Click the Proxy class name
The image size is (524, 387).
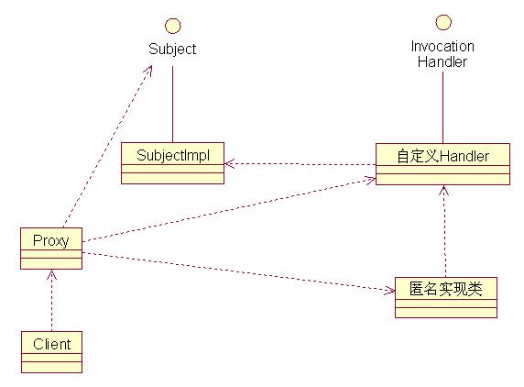click(x=50, y=240)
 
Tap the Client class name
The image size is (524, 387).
click(x=52, y=344)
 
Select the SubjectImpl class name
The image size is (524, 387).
click(x=173, y=155)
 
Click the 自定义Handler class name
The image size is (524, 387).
click(x=442, y=156)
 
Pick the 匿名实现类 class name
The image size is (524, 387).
click(x=446, y=289)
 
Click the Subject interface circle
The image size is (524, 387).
click(x=173, y=26)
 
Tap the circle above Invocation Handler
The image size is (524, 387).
click(x=443, y=22)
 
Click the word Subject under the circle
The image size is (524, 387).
click(x=172, y=49)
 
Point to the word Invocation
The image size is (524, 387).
click(x=442, y=46)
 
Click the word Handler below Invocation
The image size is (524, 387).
click(x=442, y=61)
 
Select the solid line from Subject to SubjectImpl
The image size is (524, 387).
click(x=173, y=104)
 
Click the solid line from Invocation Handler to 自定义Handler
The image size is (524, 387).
click(x=443, y=107)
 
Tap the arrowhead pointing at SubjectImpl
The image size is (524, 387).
click(x=229, y=164)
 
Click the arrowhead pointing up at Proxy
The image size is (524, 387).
click(x=51, y=274)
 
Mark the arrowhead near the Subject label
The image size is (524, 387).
click(x=148, y=71)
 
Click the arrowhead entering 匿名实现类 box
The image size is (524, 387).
click(x=389, y=290)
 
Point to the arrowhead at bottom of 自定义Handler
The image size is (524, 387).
click(x=443, y=190)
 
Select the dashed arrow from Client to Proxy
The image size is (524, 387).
click(x=51, y=301)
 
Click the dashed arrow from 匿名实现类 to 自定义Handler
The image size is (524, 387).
click(x=444, y=231)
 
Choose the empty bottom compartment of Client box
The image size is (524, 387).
click(x=52, y=367)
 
